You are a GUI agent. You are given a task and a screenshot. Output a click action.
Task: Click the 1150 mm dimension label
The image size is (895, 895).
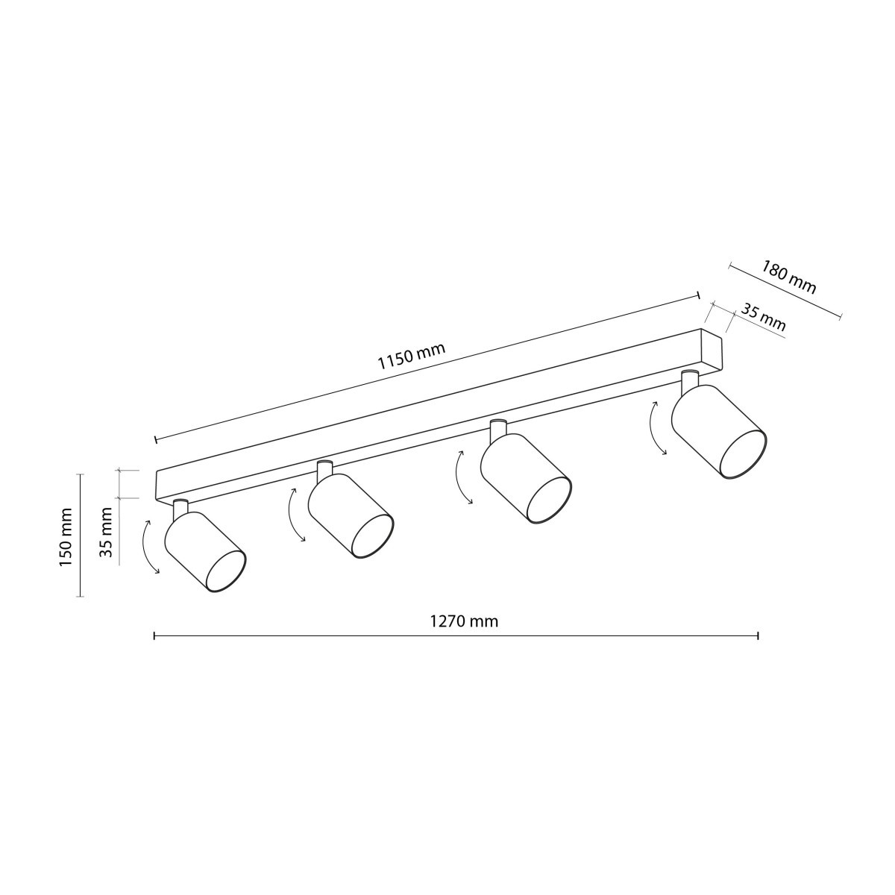pyautogui.click(x=411, y=357)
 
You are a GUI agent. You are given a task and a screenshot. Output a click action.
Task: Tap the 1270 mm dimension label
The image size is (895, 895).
pyautogui.click(x=463, y=621)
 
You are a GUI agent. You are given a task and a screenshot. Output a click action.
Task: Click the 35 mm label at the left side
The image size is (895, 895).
pyautogui.click(x=106, y=532)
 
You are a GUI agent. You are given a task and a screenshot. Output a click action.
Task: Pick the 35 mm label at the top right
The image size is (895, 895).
pyautogui.click(x=763, y=318)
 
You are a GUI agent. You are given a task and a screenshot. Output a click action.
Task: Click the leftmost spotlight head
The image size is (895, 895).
pyautogui.click(x=203, y=551)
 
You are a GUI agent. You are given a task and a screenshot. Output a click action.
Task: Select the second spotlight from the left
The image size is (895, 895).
pyautogui.click(x=349, y=515)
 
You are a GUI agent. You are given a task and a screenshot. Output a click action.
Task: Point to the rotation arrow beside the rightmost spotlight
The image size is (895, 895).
pyautogui.click(x=658, y=427)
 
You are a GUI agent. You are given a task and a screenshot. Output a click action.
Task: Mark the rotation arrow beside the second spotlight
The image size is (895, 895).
pyautogui.click(x=296, y=514)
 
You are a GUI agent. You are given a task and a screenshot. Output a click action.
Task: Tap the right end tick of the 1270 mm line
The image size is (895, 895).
pyautogui.click(x=758, y=635)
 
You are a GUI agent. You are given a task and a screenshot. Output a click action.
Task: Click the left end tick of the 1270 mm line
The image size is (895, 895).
pyautogui.click(x=154, y=635)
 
